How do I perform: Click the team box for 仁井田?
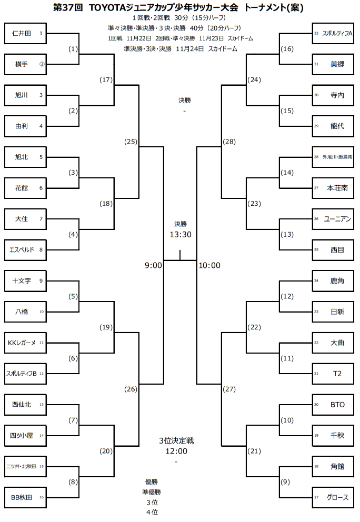click(x=25, y=33)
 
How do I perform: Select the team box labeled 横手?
click(x=25, y=64)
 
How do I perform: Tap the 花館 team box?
click(x=25, y=188)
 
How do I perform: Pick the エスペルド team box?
click(x=25, y=249)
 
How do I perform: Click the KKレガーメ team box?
click(x=25, y=343)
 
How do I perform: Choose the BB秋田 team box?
click(x=25, y=497)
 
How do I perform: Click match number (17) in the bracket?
click(x=106, y=80)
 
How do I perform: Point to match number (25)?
click(x=131, y=142)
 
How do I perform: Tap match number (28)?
click(x=229, y=142)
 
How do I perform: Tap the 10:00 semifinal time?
click(x=209, y=265)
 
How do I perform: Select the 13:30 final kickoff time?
click(x=180, y=234)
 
